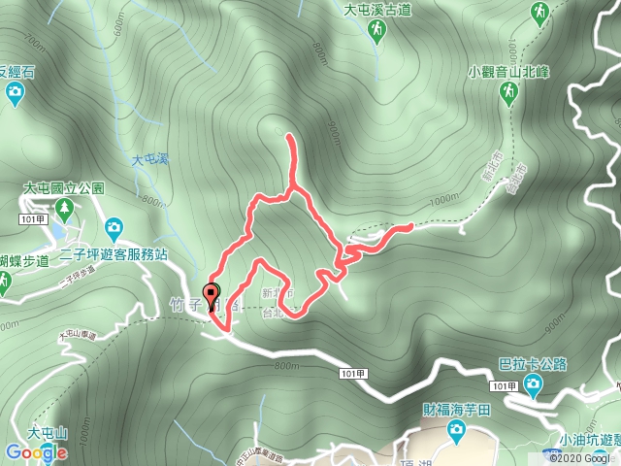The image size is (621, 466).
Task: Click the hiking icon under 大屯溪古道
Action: pos(375,33)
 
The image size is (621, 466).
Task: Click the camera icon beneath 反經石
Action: pos(15,93)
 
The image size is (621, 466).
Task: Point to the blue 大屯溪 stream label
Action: pos(149,160)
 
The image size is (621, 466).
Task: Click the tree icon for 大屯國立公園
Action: pos(65,208)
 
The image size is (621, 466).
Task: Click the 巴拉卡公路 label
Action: pos(533,365)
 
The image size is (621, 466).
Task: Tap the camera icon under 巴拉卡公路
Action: pos(533,385)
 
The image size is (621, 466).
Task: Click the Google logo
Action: pos(36,452)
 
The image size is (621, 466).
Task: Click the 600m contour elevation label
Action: pos(119,30)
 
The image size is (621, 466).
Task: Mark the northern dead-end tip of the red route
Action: pos(289,141)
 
